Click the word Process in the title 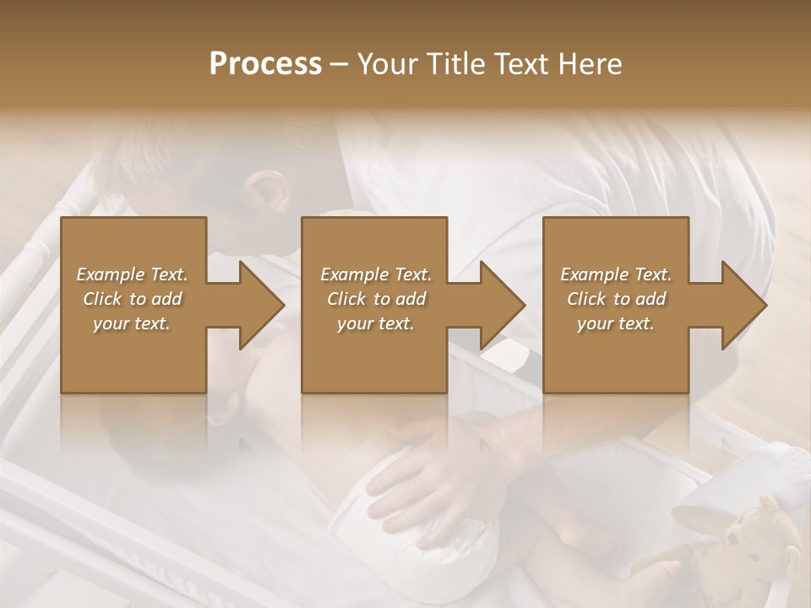(265, 64)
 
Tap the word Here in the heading (591, 64)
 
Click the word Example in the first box (110, 274)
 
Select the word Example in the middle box (354, 274)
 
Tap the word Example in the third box (594, 274)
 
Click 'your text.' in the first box (132, 323)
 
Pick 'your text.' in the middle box (376, 323)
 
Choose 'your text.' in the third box (616, 323)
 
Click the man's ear (269, 193)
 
